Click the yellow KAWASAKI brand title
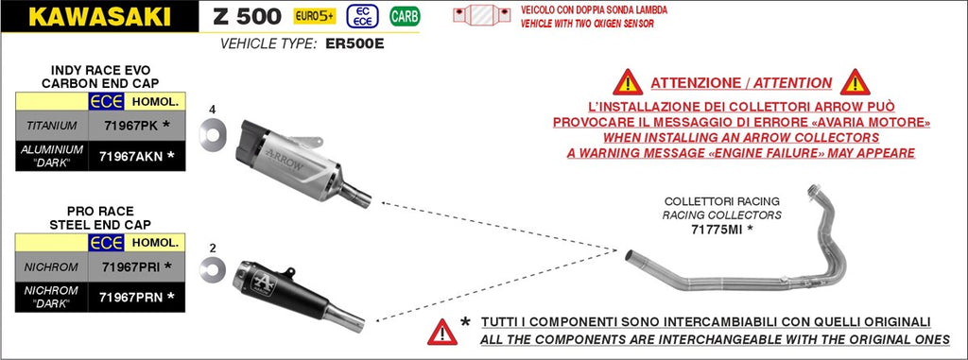click(99, 17)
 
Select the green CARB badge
click(405, 17)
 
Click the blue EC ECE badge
click(363, 17)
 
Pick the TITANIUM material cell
click(52, 126)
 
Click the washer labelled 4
click(213, 131)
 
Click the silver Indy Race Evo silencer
click(296, 162)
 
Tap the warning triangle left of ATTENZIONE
click(628, 83)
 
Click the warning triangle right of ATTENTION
click(855, 83)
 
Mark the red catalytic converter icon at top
click(481, 16)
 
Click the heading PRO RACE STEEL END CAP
click(100, 218)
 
